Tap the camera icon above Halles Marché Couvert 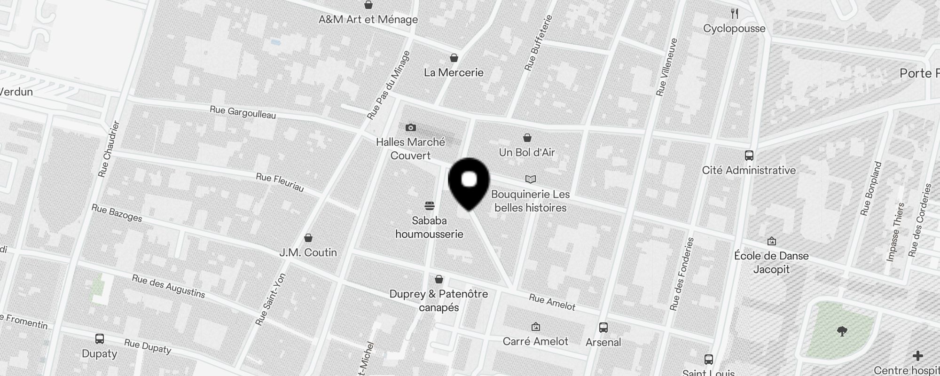pyautogui.click(x=410, y=127)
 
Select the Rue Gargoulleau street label pyautogui.click(x=243, y=113)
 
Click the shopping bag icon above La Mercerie pyautogui.click(x=454, y=58)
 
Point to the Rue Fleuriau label pyautogui.click(x=280, y=182)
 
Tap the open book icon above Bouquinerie pyautogui.click(x=530, y=179)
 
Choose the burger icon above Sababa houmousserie pyautogui.click(x=429, y=206)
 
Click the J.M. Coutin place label pyautogui.click(x=308, y=252)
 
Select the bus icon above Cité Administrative pyautogui.click(x=749, y=156)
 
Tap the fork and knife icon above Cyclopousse pyautogui.click(x=735, y=14)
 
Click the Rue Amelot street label pyautogui.click(x=552, y=302)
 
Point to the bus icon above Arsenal pyautogui.click(x=603, y=328)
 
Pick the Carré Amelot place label pyautogui.click(x=535, y=341)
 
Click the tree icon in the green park pyautogui.click(x=842, y=332)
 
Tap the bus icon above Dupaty pyautogui.click(x=99, y=339)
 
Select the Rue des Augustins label pyautogui.click(x=168, y=286)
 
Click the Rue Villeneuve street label pyautogui.click(x=667, y=67)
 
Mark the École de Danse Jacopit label pyautogui.click(x=771, y=262)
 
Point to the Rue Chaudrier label pyautogui.click(x=110, y=149)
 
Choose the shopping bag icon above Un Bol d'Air pyautogui.click(x=527, y=138)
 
